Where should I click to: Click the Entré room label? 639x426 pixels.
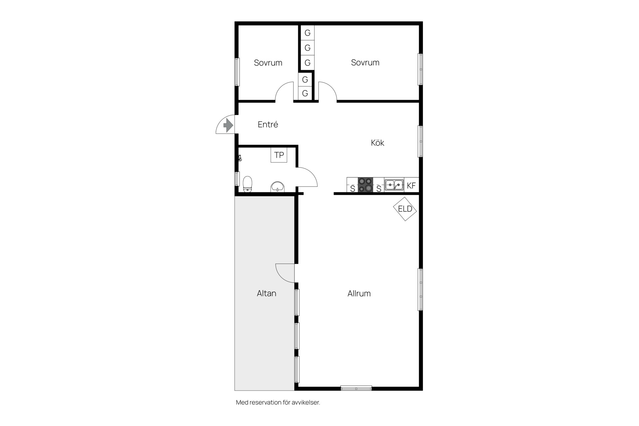pos(268,124)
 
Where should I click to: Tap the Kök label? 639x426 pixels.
pos(377,142)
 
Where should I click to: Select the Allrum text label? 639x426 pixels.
pos(359,294)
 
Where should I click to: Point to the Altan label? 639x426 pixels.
pos(267,293)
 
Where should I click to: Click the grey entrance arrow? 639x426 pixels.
pos(228,125)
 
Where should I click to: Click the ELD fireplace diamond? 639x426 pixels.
pos(405,209)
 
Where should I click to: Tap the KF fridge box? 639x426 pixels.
pos(411,185)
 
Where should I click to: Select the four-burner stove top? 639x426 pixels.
pos(365,185)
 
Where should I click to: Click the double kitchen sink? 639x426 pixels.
pos(394,185)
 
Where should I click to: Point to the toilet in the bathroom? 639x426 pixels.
pos(247,184)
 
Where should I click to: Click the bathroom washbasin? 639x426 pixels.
pos(277,187)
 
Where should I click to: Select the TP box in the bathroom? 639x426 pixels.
pos(279,155)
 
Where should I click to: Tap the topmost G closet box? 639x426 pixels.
pos(308,33)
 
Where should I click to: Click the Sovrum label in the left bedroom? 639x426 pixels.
pos(268,63)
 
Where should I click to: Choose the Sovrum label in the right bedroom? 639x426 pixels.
pos(365,62)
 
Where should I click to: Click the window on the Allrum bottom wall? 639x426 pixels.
pos(356,388)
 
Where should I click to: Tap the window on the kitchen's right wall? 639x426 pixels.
pos(420,141)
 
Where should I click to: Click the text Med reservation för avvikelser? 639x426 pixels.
pos(278,402)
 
